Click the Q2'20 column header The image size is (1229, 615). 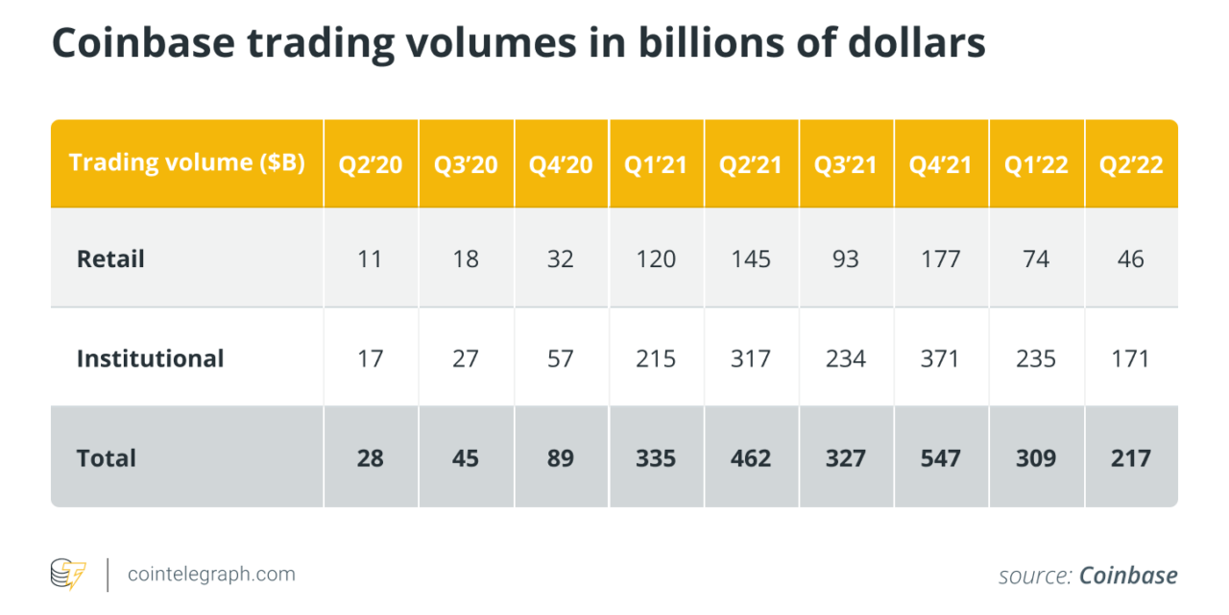tap(370, 164)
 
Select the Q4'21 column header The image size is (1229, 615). tap(941, 164)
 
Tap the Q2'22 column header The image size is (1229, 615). tap(1131, 164)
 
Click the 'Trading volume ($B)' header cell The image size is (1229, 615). tap(186, 162)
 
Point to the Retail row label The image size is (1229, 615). tap(110, 258)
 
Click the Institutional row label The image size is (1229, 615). tap(150, 358)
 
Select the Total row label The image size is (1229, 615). tap(107, 458)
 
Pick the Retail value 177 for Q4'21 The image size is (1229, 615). tap(941, 258)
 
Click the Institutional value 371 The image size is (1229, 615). tap(941, 358)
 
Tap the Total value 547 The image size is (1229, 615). tap(941, 458)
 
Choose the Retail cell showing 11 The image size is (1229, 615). tap(370, 258)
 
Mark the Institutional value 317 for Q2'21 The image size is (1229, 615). tap(751, 358)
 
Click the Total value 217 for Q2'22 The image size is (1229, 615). tap(1131, 458)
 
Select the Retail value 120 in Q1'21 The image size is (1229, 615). tap(656, 258)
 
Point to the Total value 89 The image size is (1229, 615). tap(560, 458)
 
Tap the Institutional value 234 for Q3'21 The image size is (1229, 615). tap(846, 358)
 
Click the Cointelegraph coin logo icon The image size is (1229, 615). tap(68, 575)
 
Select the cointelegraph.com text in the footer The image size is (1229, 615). tap(212, 575)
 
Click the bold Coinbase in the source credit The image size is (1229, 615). tap(1128, 576)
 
